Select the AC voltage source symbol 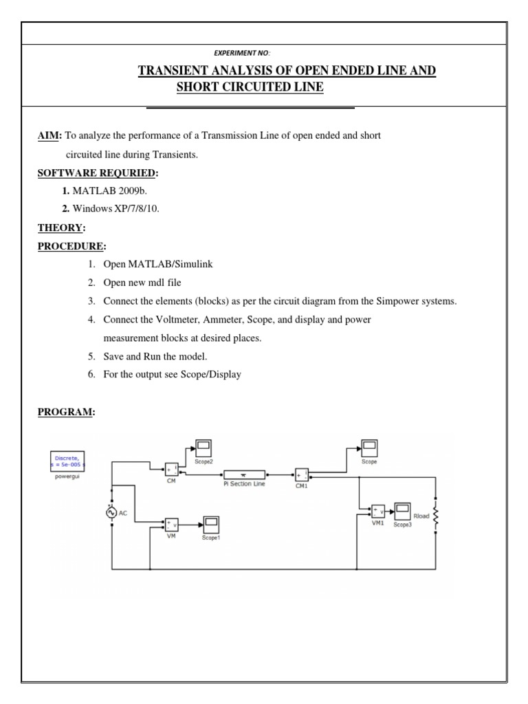(111, 511)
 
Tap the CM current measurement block (171, 470)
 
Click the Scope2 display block (203, 448)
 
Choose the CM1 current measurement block (302, 475)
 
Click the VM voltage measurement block (170, 525)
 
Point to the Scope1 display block (210, 525)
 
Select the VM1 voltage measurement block (377, 511)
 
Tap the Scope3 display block (401, 512)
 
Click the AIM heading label (49, 136)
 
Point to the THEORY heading (60, 228)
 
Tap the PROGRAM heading (66, 412)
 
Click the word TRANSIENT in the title (175, 71)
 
